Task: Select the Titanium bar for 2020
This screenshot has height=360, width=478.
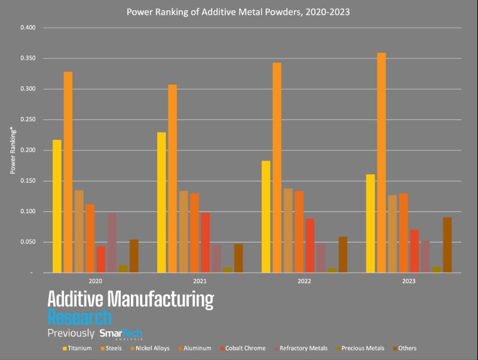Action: click(57, 206)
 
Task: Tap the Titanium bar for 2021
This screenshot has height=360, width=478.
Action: click(161, 202)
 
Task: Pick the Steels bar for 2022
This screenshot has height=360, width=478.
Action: click(277, 167)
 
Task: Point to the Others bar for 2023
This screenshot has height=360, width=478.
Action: click(448, 245)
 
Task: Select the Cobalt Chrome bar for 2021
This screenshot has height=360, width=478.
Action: click(206, 242)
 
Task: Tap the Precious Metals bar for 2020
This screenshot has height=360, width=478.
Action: click(123, 269)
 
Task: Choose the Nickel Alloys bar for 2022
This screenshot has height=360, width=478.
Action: click(288, 230)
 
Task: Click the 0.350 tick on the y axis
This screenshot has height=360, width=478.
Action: click(28, 59)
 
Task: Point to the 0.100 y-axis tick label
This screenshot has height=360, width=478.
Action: click(28, 211)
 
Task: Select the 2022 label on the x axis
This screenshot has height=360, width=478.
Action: click(304, 280)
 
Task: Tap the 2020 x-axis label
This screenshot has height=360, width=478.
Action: click(95, 280)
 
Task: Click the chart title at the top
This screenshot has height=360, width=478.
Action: click(239, 10)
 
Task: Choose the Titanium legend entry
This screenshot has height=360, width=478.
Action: click(78, 348)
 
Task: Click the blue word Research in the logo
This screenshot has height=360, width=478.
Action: click(79, 316)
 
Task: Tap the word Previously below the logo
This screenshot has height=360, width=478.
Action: click(71, 333)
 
